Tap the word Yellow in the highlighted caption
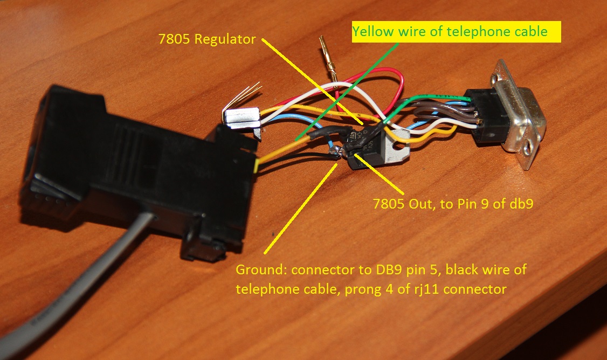[x=370, y=32]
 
